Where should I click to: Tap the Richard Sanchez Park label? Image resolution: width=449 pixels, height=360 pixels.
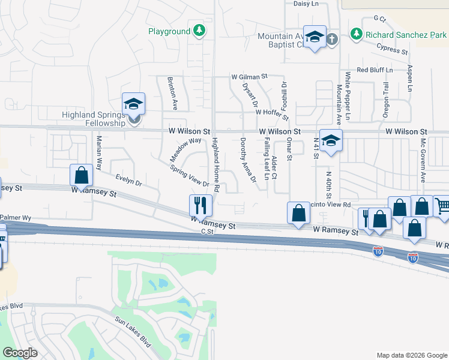pyautogui.click(x=406, y=34)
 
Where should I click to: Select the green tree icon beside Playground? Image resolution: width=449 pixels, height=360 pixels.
pyautogui.click(x=199, y=31)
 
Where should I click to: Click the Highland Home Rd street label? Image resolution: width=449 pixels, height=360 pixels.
pyautogui.click(x=216, y=165)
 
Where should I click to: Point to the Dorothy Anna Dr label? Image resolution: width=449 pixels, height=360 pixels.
pyautogui.click(x=248, y=160)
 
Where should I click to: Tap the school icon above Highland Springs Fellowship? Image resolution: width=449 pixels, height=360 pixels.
pyautogui.click(x=134, y=103)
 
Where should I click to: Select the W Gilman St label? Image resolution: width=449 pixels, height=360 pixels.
pyautogui.click(x=249, y=77)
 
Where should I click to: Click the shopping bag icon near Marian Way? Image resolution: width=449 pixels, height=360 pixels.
pyautogui.click(x=81, y=175)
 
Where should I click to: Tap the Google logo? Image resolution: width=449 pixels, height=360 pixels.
pyautogui.click(x=20, y=353)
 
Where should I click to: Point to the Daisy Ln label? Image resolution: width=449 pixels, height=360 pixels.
pyautogui.click(x=306, y=4)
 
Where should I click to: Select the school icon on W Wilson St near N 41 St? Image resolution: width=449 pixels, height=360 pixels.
pyautogui.click(x=330, y=141)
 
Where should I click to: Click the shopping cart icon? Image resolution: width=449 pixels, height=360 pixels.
pyautogui.click(x=442, y=207)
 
